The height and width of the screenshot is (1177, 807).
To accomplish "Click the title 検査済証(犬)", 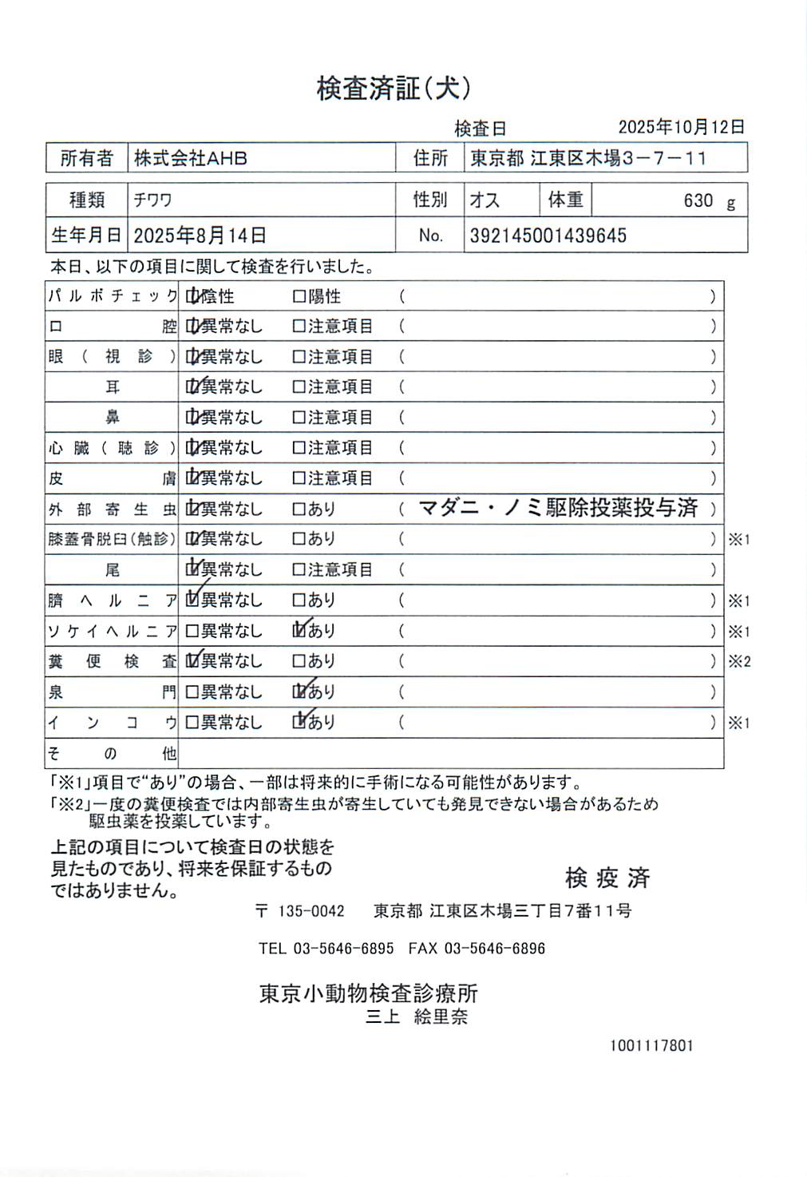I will pos(393,89).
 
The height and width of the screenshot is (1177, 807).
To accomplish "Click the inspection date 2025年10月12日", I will pos(681,127).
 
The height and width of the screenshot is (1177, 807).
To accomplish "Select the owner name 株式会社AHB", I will pos(190,158).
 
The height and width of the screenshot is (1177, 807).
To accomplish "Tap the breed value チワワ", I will pos(152,200).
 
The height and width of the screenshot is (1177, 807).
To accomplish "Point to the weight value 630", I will pos(698,200).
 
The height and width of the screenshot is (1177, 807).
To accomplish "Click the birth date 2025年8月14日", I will pos(200,236).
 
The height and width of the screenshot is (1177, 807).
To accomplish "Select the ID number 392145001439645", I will pos(548,236).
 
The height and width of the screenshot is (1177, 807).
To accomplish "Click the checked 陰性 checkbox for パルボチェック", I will pos(192,297).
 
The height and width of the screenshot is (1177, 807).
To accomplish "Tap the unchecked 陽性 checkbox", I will pos(299,297).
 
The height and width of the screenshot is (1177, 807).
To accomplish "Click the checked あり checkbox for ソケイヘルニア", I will pos(300,631).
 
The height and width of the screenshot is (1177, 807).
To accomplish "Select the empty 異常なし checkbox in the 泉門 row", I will pos(192,692).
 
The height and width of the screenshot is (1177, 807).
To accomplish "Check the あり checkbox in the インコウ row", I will pos(300,722).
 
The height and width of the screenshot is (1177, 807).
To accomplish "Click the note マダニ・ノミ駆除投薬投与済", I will pos(558,508).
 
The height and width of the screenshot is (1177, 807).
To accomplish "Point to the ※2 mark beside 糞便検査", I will pos(739,661).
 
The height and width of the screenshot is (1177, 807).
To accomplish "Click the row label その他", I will pos(112,753).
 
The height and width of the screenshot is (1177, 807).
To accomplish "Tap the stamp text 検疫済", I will pos(607,878).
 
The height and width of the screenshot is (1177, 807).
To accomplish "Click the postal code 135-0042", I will pos(311,911).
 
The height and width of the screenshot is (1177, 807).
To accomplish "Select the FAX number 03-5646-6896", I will pos(494,949).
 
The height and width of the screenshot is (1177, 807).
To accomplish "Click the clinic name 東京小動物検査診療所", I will pos(368,993).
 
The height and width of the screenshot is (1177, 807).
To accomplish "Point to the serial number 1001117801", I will pos(651,1046).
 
